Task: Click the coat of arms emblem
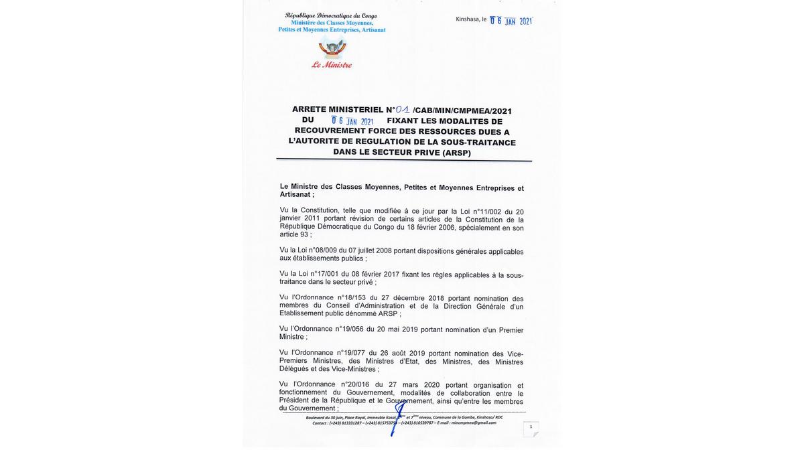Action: [x=332, y=48]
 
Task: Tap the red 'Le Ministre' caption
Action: [x=332, y=65]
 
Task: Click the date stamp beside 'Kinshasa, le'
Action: [x=511, y=21]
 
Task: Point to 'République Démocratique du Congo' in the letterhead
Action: [x=331, y=15]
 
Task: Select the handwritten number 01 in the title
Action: [x=403, y=109]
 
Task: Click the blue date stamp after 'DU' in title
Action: [x=352, y=121]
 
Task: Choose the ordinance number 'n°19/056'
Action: [x=348, y=329]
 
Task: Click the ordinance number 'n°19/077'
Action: [x=350, y=353]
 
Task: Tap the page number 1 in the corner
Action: [x=531, y=427]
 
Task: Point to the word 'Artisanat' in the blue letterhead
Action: [x=373, y=30]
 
